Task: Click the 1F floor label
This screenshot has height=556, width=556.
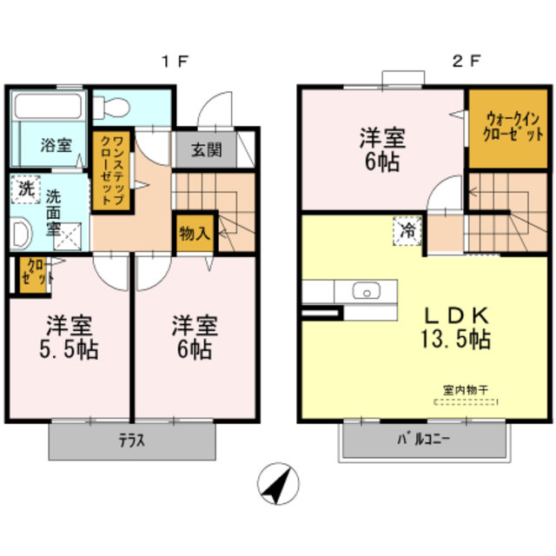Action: [175, 62]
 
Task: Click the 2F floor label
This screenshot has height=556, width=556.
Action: [467, 62]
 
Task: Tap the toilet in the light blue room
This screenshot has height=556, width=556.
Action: [112, 107]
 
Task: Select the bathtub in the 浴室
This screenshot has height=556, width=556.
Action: [48, 106]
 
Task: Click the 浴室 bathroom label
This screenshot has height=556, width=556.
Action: [56, 146]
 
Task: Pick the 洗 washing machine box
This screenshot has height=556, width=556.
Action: [26, 189]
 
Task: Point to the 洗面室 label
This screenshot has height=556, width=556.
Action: [54, 213]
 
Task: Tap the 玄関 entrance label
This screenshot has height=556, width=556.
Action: [207, 150]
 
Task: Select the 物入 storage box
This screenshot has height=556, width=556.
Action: [195, 234]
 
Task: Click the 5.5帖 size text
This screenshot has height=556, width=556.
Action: [69, 349]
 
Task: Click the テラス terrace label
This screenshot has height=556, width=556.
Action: [131, 440]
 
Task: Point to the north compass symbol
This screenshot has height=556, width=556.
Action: [278, 483]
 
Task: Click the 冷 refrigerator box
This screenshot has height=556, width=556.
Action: [407, 231]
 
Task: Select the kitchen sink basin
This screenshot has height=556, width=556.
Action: [367, 291]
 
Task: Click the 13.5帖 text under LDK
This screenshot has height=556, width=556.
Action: [456, 340]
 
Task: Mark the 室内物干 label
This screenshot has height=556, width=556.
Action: [466, 390]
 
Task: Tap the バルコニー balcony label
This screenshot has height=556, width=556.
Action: [423, 440]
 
